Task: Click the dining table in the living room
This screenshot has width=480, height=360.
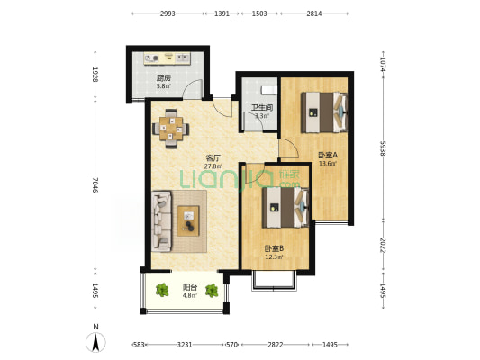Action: coord(171,129)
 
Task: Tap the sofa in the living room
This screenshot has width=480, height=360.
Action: coord(161,221)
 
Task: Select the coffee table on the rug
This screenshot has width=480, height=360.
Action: coord(188,220)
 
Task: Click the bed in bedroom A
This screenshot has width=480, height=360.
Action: coord(324,112)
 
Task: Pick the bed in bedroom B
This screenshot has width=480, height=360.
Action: coord(285,207)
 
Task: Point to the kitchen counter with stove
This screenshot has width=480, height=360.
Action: coord(168,58)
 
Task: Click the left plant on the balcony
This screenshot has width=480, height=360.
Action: coord(162,290)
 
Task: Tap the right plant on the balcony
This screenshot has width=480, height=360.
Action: coord(212,291)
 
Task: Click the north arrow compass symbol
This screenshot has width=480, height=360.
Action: coord(95,342)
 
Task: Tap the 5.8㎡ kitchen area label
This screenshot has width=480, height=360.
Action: coord(163,86)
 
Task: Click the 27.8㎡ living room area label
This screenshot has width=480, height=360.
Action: coord(213,166)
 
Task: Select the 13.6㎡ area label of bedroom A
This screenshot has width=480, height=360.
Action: coord(328,163)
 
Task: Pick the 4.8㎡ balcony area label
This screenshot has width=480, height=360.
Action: coord(189,295)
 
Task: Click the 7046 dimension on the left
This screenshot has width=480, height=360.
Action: coord(95,184)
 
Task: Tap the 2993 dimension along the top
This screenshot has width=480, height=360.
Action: coord(168,13)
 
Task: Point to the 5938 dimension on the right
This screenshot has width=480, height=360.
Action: coord(383,148)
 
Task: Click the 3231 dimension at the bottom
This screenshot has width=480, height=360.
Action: coord(185,345)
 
